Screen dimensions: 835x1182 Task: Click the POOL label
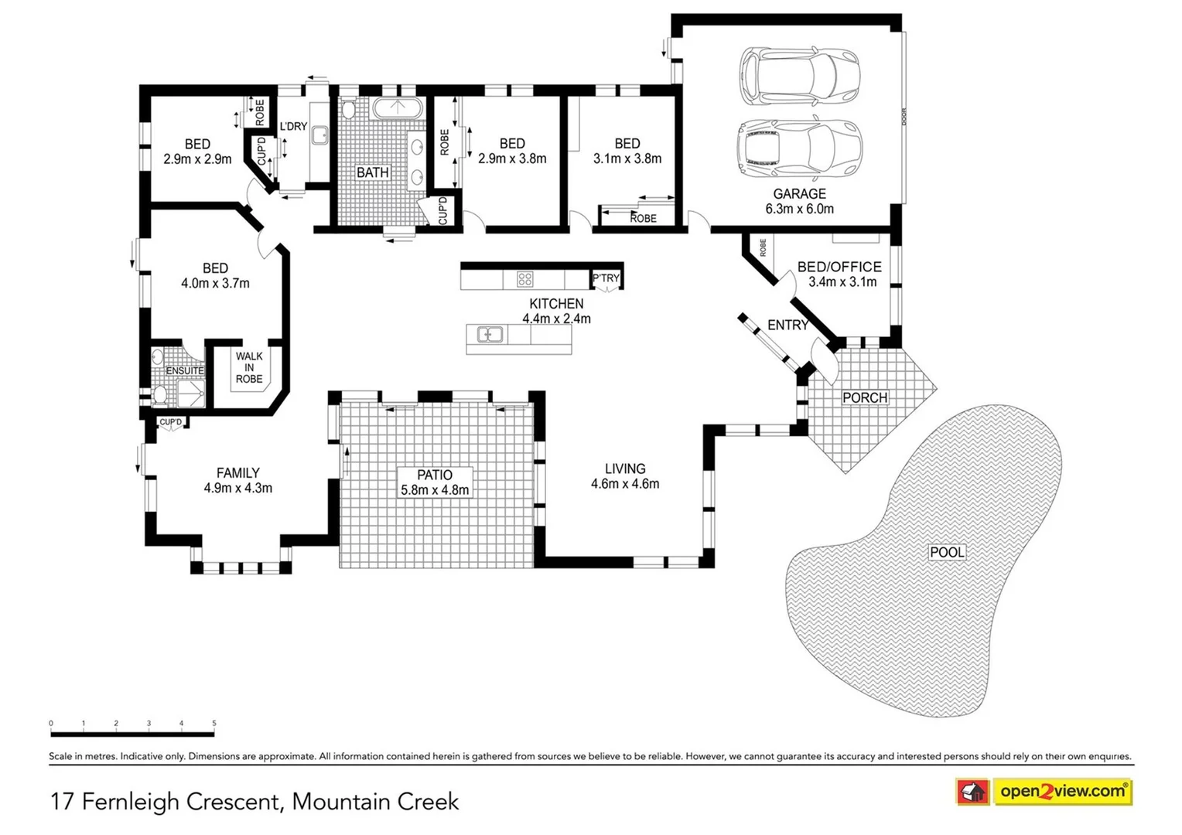[947, 552]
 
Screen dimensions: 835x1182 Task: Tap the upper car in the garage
[799, 77]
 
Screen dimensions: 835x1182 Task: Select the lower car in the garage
[799, 150]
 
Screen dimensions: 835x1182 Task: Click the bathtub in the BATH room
[398, 108]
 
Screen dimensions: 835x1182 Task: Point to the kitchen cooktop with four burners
[524, 279]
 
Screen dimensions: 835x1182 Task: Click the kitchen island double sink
[490, 335]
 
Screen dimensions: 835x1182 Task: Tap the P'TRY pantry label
[606, 278]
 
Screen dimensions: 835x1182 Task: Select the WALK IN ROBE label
[249, 368]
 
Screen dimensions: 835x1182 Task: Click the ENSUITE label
[185, 371]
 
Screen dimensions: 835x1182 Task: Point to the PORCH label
[865, 397]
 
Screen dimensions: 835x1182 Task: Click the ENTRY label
[787, 325]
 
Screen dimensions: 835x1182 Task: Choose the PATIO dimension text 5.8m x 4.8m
[435, 490]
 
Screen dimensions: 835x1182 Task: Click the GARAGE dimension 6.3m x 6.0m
[799, 209]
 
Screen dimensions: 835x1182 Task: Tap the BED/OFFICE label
[839, 267]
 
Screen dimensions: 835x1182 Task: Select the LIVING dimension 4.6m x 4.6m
[625, 484]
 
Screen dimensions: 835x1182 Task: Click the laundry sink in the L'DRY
[319, 136]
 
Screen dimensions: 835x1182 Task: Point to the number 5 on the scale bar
[214, 724]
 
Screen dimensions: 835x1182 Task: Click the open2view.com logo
[1062, 792]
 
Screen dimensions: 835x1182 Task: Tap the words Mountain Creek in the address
[375, 802]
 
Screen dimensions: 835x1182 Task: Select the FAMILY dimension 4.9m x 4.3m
[237, 488]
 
